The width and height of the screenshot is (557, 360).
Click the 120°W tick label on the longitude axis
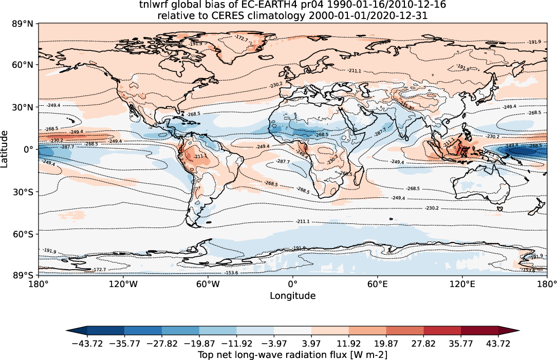123,283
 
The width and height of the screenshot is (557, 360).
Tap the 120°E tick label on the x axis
461,283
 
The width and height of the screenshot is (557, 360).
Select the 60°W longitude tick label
208,283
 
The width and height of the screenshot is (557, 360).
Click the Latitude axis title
6,149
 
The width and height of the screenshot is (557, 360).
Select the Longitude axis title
292,296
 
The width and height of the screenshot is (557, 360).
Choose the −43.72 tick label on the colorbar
87,343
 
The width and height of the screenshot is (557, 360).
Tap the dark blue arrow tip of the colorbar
72,331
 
